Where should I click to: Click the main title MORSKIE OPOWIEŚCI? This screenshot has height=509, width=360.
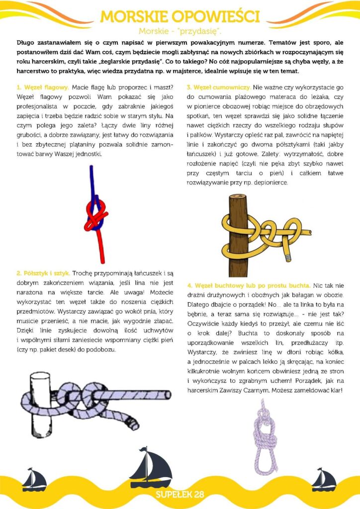coord(180,16)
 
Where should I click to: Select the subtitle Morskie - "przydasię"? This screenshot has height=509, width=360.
coord(180,31)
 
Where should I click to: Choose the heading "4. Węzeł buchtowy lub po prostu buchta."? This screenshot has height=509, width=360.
coord(249,286)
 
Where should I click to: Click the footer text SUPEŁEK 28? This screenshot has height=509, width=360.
coord(180,494)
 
